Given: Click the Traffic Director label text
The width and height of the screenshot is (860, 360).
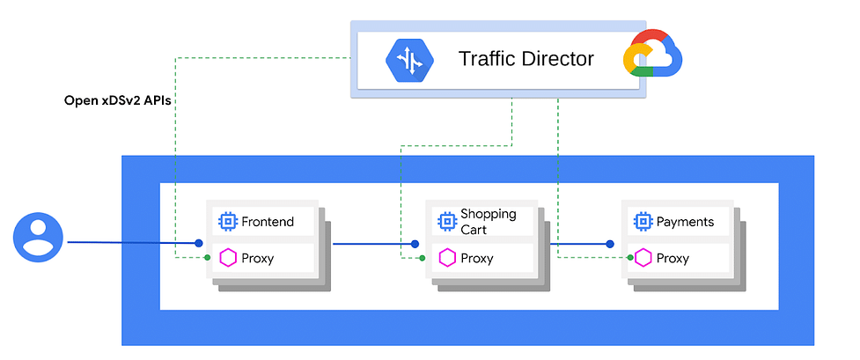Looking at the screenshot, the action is pyautogui.click(x=526, y=59).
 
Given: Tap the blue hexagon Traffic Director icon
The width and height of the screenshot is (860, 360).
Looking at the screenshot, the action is pyautogui.click(x=409, y=60).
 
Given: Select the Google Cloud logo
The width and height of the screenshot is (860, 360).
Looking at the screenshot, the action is pyautogui.click(x=652, y=53).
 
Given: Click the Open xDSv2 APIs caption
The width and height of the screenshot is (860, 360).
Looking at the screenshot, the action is pyautogui.click(x=116, y=100).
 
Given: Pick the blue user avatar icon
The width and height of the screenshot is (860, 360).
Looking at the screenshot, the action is pyautogui.click(x=36, y=238).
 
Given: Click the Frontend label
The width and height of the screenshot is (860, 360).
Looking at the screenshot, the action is pyautogui.click(x=268, y=222).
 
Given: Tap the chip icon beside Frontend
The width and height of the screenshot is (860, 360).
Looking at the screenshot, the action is pyautogui.click(x=227, y=222).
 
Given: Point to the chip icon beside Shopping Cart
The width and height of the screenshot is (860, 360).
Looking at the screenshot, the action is pyautogui.click(x=447, y=222).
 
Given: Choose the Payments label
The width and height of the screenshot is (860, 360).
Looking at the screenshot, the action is pyautogui.click(x=685, y=222).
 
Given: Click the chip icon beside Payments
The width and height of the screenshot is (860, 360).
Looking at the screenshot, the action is pyautogui.click(x=643, y=222).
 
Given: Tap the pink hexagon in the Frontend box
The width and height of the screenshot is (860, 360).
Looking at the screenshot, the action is pyautogui.click(x=228, y=258).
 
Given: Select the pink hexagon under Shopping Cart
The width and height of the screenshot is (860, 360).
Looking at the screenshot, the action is pyautogui.click(x=447, y=258).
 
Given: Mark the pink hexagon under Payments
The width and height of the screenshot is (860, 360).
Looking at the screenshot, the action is pyautogui.click(x=643, y=258).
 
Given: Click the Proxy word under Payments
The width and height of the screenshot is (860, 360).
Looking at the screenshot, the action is pyautogui.click(x=673, y=259).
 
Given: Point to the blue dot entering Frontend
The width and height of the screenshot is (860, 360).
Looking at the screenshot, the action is pyautogui.click(x=199, y=243).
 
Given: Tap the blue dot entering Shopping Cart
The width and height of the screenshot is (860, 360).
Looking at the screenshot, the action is pyautogui.click(x=415, y=244).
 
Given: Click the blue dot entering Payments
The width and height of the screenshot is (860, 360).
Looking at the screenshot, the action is pyautogui.click(x=609, y=244).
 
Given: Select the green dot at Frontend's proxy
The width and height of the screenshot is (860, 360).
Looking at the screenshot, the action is pyautogui.click(x=207, y=257).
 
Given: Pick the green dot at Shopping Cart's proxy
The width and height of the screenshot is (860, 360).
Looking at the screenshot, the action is pyautogui.click(x=423, y=258).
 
